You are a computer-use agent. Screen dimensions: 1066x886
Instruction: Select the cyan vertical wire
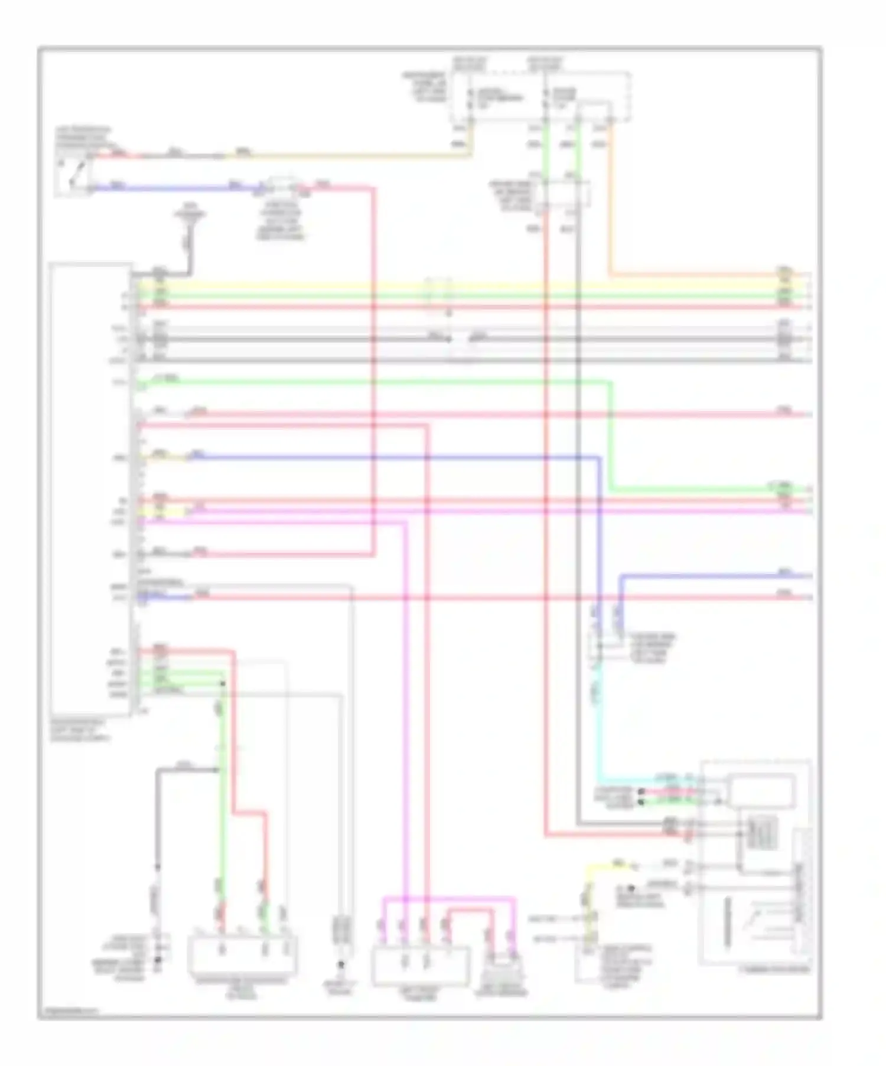click(599, 726)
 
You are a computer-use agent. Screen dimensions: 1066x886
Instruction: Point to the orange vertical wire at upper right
click(610, 201)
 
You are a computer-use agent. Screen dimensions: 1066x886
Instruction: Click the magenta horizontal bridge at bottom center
click(449, 899)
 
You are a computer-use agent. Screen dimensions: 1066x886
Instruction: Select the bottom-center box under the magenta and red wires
click(421, 965)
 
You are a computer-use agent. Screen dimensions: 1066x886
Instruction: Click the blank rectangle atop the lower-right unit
click(761, 791)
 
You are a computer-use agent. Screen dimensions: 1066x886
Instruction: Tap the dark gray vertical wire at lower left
click(158, 827)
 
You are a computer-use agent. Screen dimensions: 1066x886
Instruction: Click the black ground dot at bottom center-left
click(341, 966)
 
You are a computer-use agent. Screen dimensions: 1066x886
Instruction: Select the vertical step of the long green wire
click(611, 437)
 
